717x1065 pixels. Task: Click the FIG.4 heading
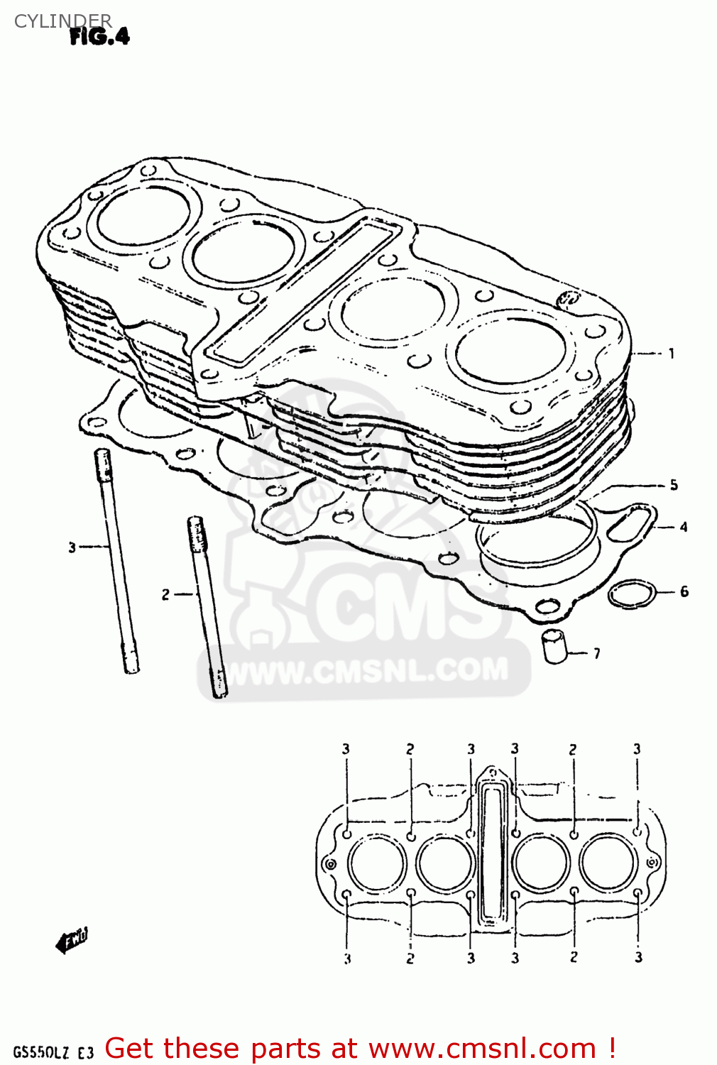[99, 36]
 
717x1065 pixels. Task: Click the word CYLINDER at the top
[62, 21]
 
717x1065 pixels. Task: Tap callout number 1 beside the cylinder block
[671, 353]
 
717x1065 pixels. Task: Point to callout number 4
[683, 527]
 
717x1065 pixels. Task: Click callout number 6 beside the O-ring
[684, 591]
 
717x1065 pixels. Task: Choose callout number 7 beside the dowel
[596, 653]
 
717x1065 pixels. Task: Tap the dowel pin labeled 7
[555, 645]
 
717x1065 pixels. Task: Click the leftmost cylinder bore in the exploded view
[144, 215]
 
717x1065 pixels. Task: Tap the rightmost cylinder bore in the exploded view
[510, 351]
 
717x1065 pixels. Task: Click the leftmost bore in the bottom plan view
[376, 863]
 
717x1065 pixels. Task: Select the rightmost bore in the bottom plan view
[608, 863]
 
